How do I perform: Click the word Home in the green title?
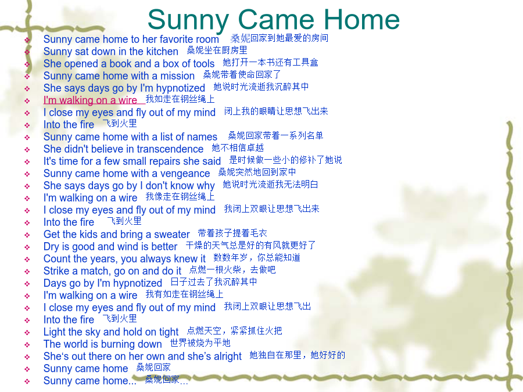(x=361, y=20)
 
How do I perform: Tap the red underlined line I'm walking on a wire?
(x=90, y=100)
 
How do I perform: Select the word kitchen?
(x=162, y=51)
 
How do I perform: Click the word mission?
(x=177, y=75)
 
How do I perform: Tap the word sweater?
(x=172, y=235)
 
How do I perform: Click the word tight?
(x=169, y=332)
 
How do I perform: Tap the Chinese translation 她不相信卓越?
(x=238, y=148)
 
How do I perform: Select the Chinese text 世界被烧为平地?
(x=200, y=343)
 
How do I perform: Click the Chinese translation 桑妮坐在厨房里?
(x=217, y=50)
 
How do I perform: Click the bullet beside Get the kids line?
(x=27, y=235)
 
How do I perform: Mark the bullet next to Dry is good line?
(x=27, y=247)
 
